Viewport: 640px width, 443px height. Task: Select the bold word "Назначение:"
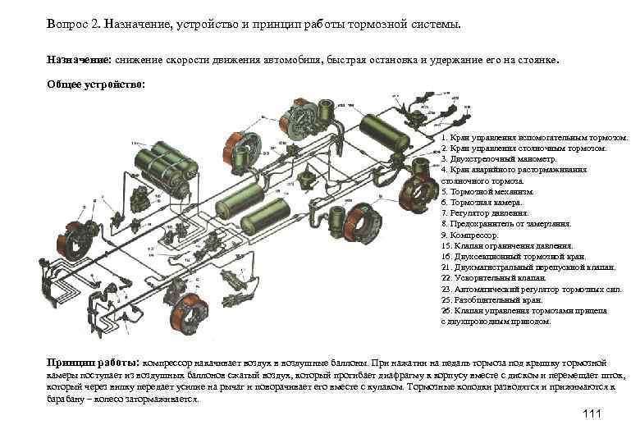coord(79,60)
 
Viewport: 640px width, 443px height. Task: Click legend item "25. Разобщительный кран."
coord(497,300)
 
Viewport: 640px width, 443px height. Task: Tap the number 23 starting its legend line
coord(446,289)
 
